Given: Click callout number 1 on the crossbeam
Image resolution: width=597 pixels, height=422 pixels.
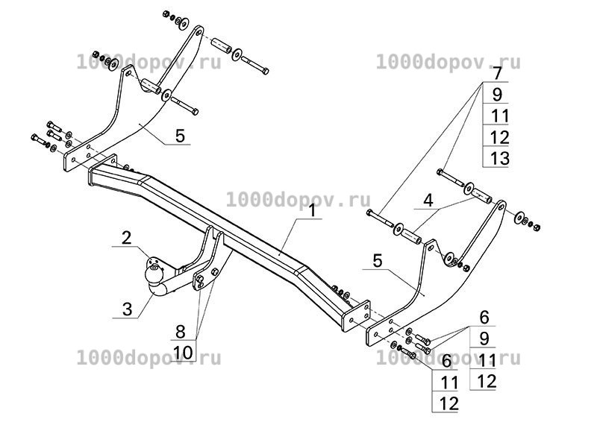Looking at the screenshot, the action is click(x=313, y=210).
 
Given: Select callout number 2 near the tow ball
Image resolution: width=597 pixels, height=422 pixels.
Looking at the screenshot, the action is click(x=126, y=238).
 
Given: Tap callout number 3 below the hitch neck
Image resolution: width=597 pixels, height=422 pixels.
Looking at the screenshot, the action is click(x=127, y=309).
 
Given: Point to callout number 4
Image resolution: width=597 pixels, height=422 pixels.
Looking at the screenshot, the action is click(x=428, y=201).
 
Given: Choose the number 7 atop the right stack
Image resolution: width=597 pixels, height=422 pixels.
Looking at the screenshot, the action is click(x=498, y=73).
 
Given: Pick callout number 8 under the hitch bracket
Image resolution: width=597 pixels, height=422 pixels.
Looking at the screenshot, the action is click(x=180, y=332).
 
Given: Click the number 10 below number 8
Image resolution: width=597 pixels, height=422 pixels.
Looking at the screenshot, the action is click(x=183, y=353).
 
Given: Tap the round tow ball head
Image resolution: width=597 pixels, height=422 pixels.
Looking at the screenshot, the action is click(x=154, y=274).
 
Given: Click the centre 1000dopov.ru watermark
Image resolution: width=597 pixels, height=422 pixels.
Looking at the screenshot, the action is click(x=298, y=200).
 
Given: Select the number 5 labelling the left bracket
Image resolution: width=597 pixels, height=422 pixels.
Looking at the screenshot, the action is click(x=180, y=136).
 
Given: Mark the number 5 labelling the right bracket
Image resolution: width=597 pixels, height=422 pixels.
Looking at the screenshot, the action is click(x=378, y=261).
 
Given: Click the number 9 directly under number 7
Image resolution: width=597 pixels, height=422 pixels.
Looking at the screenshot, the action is click(x=497, y=95).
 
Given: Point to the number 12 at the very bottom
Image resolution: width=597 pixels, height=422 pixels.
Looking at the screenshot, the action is click(x=449, y=403).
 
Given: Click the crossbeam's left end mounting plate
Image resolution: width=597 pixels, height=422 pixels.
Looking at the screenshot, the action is click(x=102, y=170).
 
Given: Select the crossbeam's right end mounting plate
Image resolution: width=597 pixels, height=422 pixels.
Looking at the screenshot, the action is click(x=356, y=316).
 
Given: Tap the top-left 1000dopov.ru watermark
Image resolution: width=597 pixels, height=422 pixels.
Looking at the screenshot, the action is click(x=149, y=62).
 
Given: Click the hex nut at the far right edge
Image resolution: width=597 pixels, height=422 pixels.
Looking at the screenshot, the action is click(x=537, y=227).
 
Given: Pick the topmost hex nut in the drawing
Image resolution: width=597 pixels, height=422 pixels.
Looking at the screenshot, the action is click(x=166, y=14).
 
